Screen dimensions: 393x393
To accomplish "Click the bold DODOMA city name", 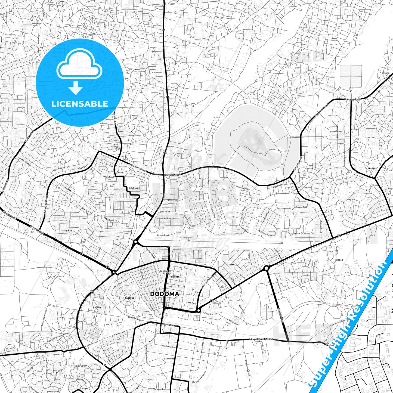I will (165, 294).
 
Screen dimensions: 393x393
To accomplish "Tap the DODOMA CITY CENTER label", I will (167, 272).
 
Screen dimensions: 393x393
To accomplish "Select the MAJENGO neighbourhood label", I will (129, 298).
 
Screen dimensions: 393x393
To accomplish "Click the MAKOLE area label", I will (233, 265).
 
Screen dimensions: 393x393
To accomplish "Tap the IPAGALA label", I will (372, 168).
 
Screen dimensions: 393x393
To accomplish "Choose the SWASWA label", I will (385, 73).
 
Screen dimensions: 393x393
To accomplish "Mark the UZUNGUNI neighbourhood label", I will (169, 359).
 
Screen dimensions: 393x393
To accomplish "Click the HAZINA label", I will (97, 307).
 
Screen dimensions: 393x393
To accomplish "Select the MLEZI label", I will (109, 324).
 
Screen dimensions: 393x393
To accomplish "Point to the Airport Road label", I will (163, 235).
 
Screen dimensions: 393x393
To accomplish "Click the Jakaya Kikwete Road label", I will (260, 339).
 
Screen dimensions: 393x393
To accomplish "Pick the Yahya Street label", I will (277, 186).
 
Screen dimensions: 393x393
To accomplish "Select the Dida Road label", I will (133, 188).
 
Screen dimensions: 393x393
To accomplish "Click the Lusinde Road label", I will (166, 346).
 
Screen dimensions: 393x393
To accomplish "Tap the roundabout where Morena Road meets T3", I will (266, 268).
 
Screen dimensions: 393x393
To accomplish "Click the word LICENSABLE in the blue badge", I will (80, 104).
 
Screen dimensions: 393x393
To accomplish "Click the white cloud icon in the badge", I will (79, 67).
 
